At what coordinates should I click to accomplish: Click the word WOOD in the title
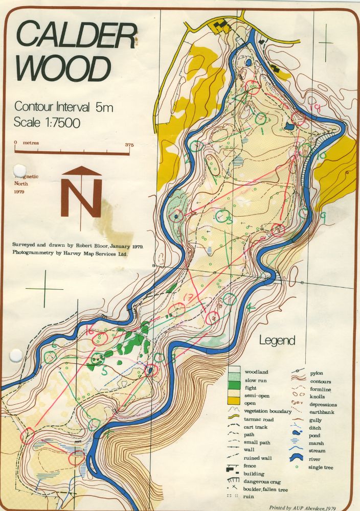tap(63, 67)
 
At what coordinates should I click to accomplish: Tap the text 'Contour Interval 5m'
tap(63, 107)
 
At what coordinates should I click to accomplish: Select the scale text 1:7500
tap(48, 123)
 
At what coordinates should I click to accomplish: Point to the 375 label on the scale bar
tap(129, 145)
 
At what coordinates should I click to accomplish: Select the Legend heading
tap(277, 340)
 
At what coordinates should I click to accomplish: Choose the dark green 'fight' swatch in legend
tap(234, 388)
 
